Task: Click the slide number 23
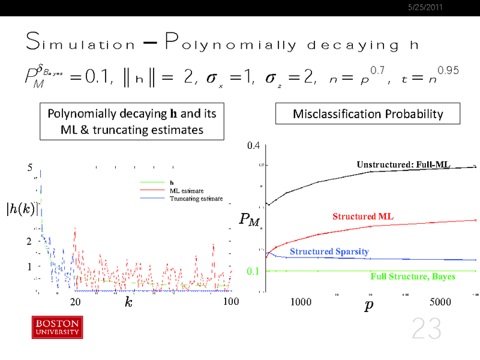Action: [x=426, y=329]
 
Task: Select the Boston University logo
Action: [x=57, y=327]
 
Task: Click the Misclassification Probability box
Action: [x=359, y=114]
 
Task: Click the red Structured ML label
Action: [x=363, y=216]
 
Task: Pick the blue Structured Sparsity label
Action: [x=329, y=251]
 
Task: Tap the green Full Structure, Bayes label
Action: [x=413, y=277]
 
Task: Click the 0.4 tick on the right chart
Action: [x=254, y=145]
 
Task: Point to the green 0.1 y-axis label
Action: [x=254, y=271]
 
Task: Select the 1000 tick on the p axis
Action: [x=301, y=302]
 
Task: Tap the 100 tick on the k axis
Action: [x=231, y=302]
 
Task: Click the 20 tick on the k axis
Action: [x=76, y=302]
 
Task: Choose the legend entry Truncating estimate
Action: [x=196, y=199]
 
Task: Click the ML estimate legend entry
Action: [x=186, y=191]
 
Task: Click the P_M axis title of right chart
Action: [x=249, y=220]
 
